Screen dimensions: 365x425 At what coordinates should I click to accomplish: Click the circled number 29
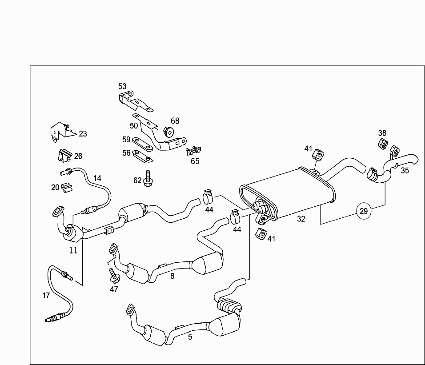pyautogui.click(x=364, y=211)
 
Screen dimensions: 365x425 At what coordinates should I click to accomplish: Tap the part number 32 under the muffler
pyautogui.click(x=301, y=219)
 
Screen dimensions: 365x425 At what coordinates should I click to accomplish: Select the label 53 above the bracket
pyautogui.click(x=122, y=86)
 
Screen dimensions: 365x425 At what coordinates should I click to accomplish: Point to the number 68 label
pyautogui.click(x=175, y=120)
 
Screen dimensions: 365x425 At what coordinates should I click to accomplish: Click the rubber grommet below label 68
pyautogui.click(x=169, y=131)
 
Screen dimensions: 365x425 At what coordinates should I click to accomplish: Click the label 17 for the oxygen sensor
pyautogui.click(x=47, y=295)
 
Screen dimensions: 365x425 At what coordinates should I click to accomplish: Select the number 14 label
pyautogui.click(x=97, y=178)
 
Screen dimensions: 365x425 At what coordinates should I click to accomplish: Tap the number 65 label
pyautogui.click(x=195, y=161)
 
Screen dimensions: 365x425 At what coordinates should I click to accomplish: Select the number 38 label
pyautogui.click(x=382, y=132)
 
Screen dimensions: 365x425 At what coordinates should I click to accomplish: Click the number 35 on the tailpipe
pyautogui.click(x=405, y=170)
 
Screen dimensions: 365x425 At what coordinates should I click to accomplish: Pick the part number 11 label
pyautogui.click(x=73, y=250)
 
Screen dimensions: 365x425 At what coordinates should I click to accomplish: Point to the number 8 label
pyautogui.click(x=172, y=276)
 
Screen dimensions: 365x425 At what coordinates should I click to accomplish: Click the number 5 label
pyautogui.click(x=190, y=337)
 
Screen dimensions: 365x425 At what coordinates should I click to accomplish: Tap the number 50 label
pyautogui.click(x=134, y=126)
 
